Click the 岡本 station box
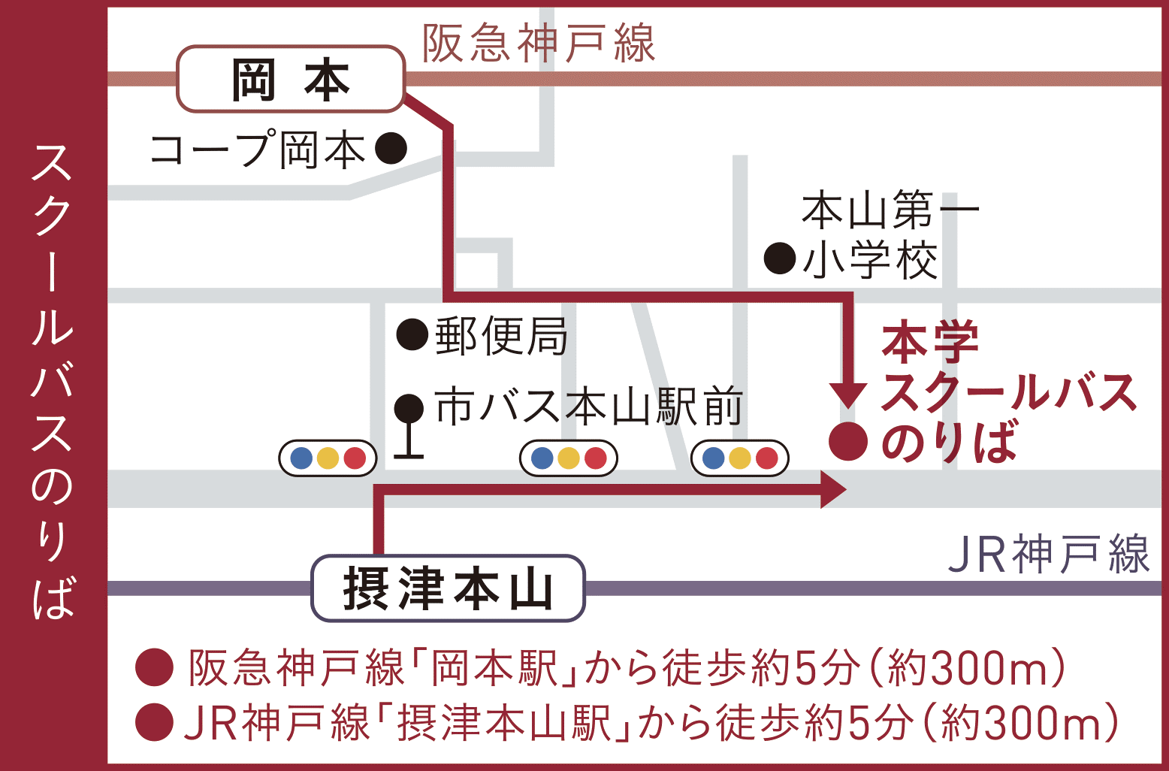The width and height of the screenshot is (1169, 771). pyautogui.click(x=291, y=80)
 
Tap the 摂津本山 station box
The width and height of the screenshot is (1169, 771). pyautogui.click(x=448, y=588)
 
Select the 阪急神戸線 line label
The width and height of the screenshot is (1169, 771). pyautogui.click(x=538, y=44)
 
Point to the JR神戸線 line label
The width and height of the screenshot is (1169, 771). pyautogui.click(x=1048, y=555)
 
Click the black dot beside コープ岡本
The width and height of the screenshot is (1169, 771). pyautogui.click(x=391, y=149)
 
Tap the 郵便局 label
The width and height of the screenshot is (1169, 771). pyautogui.click(x=502, y=335)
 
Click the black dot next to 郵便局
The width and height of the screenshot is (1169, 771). pyautogui.click(x=412, y=334)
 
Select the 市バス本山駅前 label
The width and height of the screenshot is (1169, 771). pyautogui.click(x=589, y=407)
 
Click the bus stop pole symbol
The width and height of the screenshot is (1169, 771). pyautogui.click(x=409, y=425)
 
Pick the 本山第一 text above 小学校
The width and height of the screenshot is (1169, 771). pyautogui.click(x=890, y=210)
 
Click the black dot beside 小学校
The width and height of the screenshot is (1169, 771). pyautogui.click(x=780, y=259)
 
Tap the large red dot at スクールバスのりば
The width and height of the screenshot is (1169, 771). pyautogui.click(x=848, y=441)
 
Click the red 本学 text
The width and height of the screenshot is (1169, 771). pyautogui.click(x=930, y=342)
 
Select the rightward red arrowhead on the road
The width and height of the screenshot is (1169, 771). pyautogui.click(x=832, y=490)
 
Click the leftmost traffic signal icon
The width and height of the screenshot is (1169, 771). pyautogui.click(x=328, y=458)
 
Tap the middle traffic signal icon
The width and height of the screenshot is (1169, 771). pyautogui.click(x=569, y=458)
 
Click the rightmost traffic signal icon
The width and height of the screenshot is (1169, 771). pyautogui.click(x=740, y=458)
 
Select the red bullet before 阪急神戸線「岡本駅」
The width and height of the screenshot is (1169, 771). pyautogui.click(x=155, y=667)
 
